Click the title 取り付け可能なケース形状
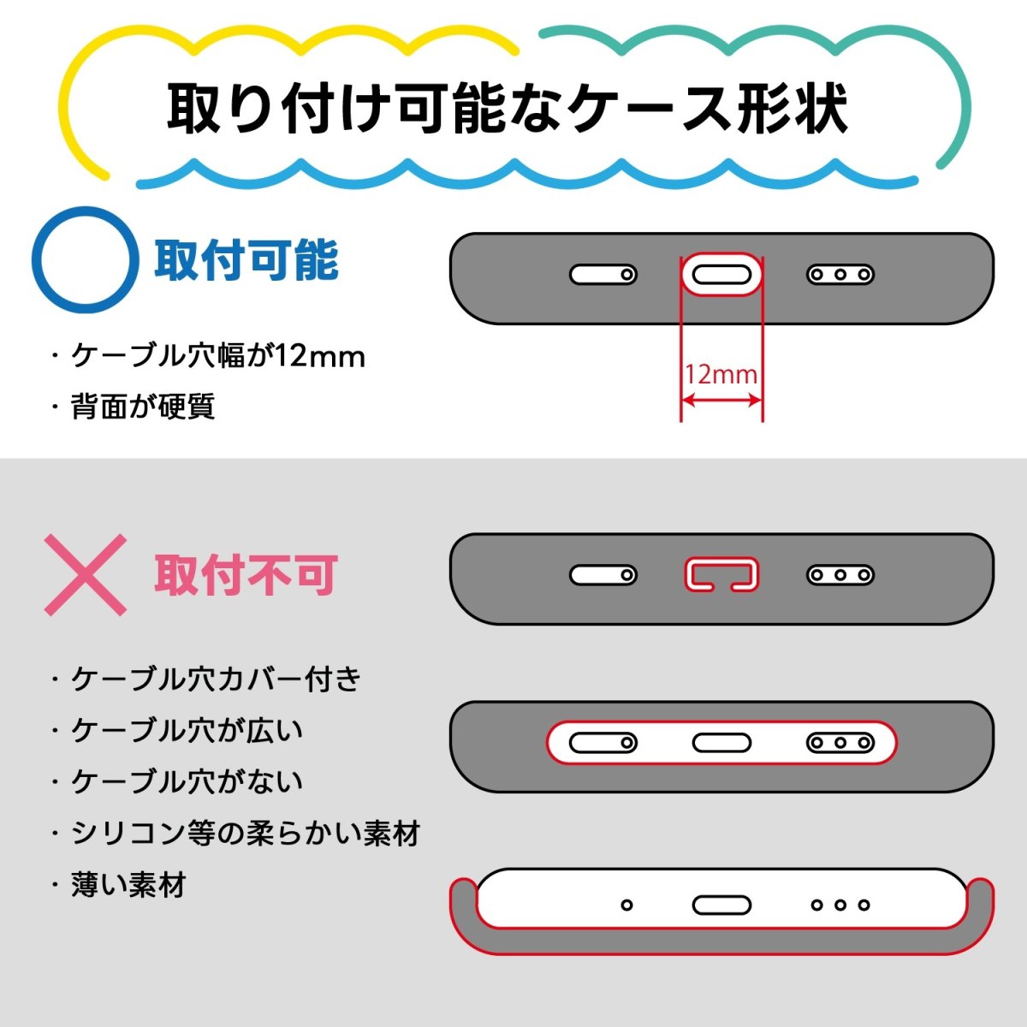(x=508, y=109)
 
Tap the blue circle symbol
(x=84, y=261)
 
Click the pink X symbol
(x=86, y=575)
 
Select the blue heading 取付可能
(x=246, y=261)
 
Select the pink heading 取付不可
(x=246, y=575)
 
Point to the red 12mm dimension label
(x=721, y=375)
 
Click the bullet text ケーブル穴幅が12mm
(x=217, y=355)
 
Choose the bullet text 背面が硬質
(x=142, y=407)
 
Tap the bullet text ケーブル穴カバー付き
(x=216, y=680)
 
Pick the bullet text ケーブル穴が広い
(x=187, y=730)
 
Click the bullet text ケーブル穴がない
(x=187, y=781)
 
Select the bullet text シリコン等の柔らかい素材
(x=245, y=833)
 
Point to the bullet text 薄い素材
(x=128, y=885)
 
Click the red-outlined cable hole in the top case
(x=721, y=275)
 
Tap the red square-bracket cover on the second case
(x=721, y=575)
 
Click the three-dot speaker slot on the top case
(x=840, y=275)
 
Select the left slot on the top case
(x=603, y=275)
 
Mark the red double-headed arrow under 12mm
(x=721, y=400)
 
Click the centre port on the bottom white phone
(x=721, y=905)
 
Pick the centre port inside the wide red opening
(x=721, y=742)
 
